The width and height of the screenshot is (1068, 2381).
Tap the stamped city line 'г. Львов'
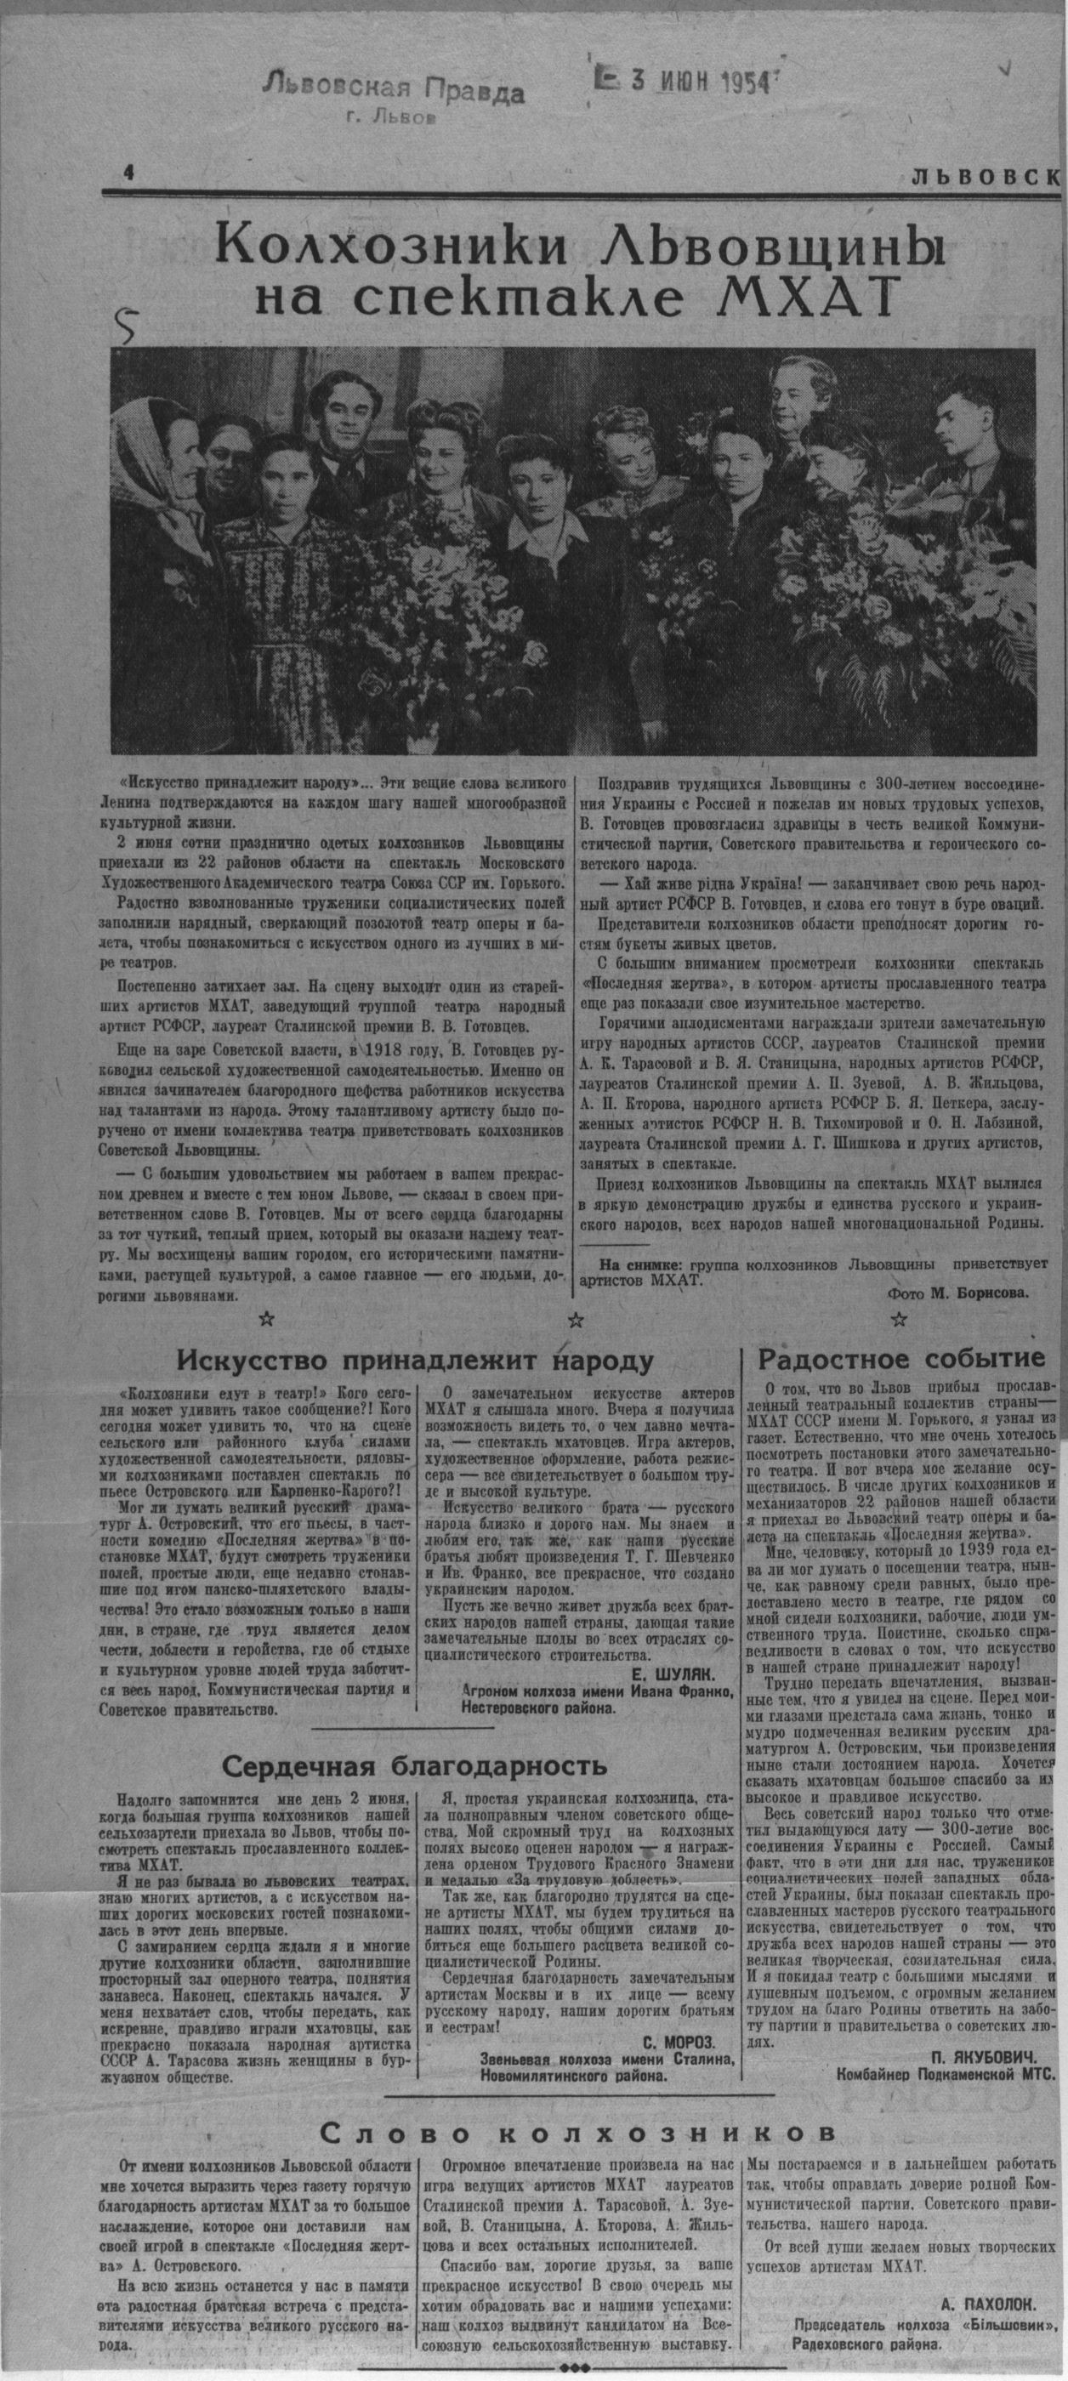click(394, 117)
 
